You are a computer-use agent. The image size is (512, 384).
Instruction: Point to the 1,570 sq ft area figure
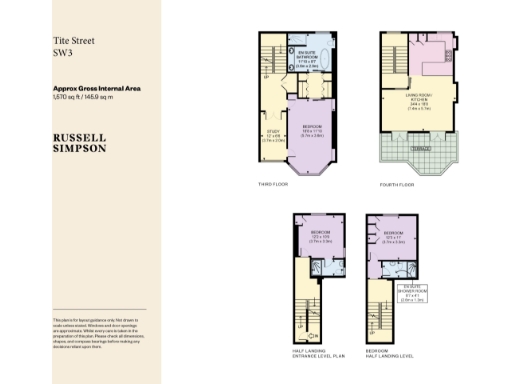[68, 97]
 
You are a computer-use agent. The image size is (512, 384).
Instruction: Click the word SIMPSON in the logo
[82, 147]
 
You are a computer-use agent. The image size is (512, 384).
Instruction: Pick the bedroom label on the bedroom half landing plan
[394, 237]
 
